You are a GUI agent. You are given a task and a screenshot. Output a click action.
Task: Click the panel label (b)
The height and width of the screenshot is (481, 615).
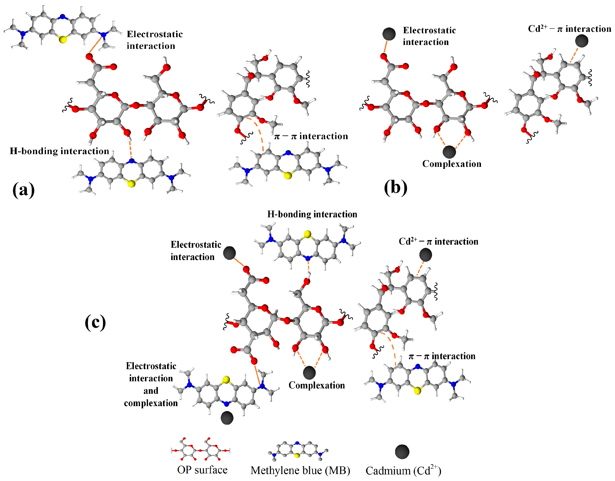(396, 188)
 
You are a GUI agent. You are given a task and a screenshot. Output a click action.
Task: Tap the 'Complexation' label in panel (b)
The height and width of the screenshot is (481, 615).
(452, 164)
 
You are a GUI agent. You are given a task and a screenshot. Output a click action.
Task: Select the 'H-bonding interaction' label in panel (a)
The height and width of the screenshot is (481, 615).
(59, 151)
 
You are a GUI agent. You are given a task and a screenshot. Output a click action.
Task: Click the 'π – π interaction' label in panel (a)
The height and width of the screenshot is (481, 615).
(311, 136)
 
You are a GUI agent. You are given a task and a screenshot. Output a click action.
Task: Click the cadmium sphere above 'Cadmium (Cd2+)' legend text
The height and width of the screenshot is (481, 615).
(402, 452)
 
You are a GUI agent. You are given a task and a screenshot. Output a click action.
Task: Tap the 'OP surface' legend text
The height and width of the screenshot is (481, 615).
(202, 470)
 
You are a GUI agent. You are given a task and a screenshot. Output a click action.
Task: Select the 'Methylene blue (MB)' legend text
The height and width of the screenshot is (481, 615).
(300, 470)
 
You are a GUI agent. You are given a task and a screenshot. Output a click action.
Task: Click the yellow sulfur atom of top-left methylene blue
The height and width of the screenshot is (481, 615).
(63, 39)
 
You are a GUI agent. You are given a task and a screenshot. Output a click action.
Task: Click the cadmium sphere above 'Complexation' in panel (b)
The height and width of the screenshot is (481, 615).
(449, 152)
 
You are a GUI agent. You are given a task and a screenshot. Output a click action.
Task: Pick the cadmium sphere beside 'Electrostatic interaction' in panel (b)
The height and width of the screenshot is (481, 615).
(389, 34)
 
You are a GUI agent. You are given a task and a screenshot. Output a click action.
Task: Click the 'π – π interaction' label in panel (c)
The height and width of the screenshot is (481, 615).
(442, 356)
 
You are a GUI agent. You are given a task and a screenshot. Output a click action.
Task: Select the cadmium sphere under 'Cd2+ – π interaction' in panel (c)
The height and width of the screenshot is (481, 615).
(425, 255)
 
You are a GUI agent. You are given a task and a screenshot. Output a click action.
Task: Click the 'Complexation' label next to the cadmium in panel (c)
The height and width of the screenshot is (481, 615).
(317, 385)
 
